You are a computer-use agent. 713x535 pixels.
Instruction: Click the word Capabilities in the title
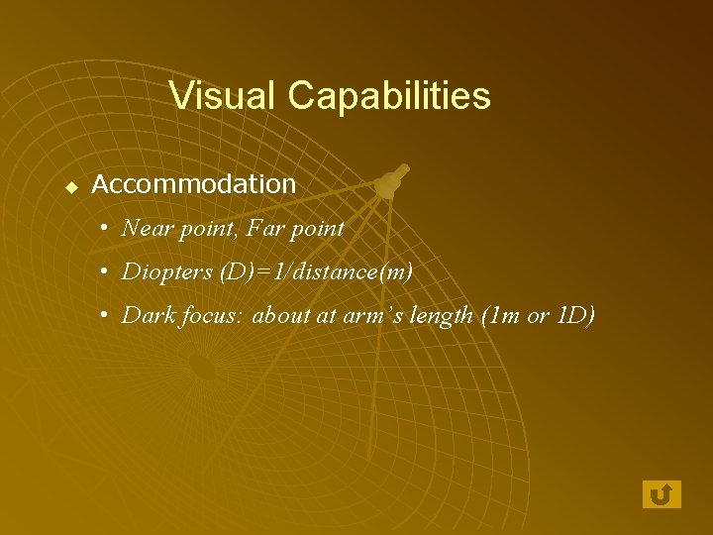[388, 96]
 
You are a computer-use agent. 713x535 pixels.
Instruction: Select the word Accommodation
[194, 184]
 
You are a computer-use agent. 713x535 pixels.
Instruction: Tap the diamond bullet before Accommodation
[71, 185]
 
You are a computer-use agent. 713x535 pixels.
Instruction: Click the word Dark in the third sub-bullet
[146, 315]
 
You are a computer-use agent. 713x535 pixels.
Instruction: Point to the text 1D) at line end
[576, 315]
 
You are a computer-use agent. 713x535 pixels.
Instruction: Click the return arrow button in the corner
[662, 493]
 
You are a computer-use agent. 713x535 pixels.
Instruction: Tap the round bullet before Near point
[105, 229]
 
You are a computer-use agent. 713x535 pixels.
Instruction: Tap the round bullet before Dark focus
[105, 315]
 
